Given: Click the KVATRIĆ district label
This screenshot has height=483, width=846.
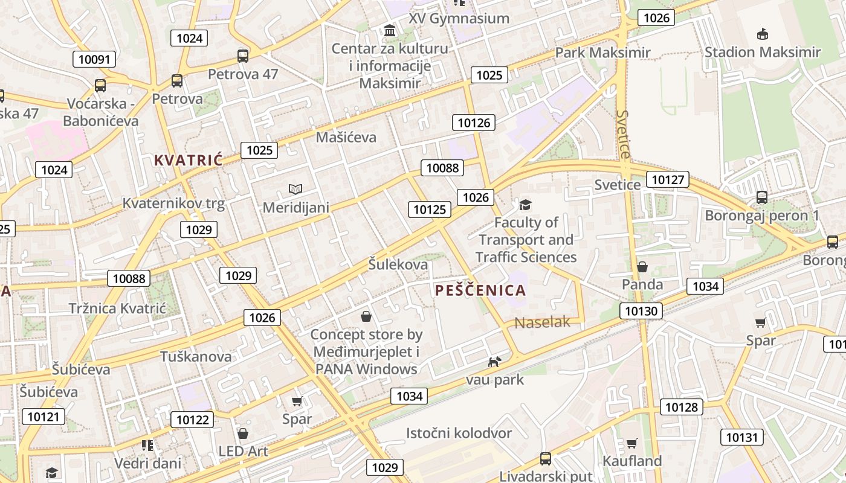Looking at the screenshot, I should [x=188, y=160].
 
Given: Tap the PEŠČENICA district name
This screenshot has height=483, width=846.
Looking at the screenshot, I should [x=480, y=290].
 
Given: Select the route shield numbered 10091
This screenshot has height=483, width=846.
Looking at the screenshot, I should [x=94, y=59].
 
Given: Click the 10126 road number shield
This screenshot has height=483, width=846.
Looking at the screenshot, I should [x=474, y=123].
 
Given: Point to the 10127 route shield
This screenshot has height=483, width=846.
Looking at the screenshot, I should [x=668, y=179].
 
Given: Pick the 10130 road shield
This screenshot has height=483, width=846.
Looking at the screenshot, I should [x=641, y=311].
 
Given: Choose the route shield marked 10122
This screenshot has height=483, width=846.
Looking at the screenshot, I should [x=192, y=420].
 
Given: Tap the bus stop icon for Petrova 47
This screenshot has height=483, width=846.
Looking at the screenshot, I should [x=243, y=56].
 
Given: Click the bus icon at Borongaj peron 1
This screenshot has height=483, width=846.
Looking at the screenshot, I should [x=762, y=197].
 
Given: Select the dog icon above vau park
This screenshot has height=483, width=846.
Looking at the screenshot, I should [x=494, y=362].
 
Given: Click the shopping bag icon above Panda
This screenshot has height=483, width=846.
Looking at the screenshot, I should [x=642, y=267].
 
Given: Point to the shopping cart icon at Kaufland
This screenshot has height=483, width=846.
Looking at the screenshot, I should [x=632, y=444].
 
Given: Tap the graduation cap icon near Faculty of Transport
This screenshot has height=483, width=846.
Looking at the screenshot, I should [x=526, y=205].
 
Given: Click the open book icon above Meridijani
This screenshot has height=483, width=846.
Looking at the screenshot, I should [x=295, y=190].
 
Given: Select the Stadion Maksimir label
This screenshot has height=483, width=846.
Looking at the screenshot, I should [x=763, y=52].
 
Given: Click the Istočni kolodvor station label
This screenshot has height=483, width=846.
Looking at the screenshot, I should [x=459, y=433].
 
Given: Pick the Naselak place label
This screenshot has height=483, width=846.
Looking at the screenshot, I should [x=542, y=322].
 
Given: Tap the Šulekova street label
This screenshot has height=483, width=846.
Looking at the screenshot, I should [x=398, y=264].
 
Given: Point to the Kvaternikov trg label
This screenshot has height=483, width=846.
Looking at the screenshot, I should [x=173, y=203].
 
